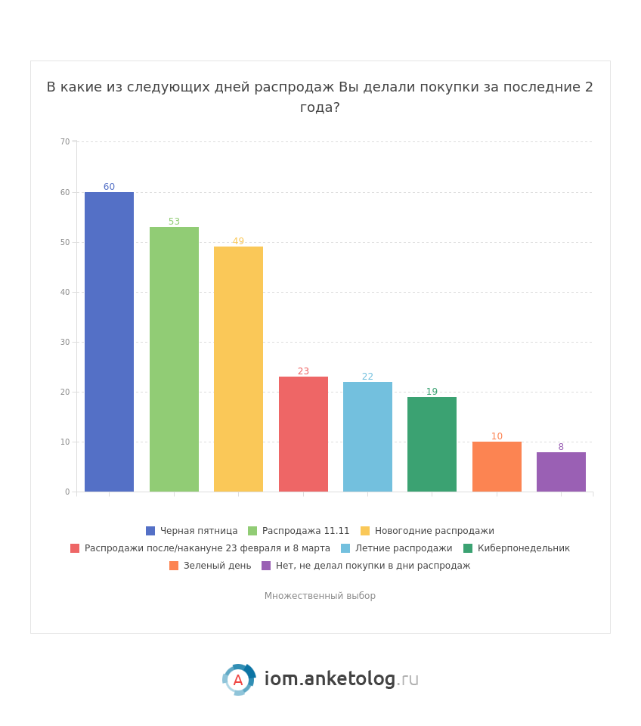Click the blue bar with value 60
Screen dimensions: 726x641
109,342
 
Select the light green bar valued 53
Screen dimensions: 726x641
174,359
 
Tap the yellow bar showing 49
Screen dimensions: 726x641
238,369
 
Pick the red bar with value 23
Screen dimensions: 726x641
303,434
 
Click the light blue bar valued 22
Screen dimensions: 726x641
367,436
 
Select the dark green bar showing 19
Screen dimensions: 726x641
432,444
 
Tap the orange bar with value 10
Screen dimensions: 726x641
497,467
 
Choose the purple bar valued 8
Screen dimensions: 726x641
561,472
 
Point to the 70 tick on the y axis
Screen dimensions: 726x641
65,141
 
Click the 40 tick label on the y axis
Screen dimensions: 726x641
65,292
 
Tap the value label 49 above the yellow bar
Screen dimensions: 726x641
238,241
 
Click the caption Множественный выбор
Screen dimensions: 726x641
320,596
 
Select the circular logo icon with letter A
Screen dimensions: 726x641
238,680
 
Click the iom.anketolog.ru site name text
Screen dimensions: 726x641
341,680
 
